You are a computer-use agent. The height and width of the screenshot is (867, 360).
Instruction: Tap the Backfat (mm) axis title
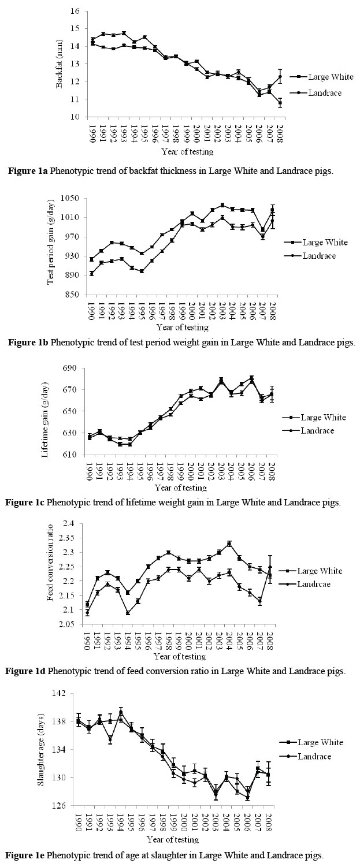pos(58,63)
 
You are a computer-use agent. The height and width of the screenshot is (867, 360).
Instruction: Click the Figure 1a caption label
pos(30,170)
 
